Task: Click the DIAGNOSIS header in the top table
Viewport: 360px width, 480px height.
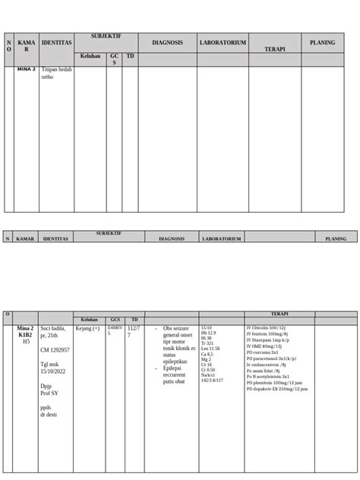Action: (x=167, y=43)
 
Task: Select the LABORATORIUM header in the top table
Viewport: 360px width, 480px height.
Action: (x=223, y=43)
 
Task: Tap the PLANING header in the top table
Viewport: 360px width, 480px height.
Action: (x=322, y=43)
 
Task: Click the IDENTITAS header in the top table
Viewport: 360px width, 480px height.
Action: (x=56, y=43)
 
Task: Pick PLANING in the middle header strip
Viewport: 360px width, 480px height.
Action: (x=335, y=238)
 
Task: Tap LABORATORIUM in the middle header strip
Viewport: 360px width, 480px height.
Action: (x=221, y=238)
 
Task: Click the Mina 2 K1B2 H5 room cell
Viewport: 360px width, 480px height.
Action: (x=26, y=334)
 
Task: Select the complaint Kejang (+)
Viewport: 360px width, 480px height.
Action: (x=88, y=328)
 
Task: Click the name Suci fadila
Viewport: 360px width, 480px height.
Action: (x=55, y=328)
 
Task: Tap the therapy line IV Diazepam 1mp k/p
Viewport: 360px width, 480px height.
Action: (x=271, y=340)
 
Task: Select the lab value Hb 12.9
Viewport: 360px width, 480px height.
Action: (x=207, y=333)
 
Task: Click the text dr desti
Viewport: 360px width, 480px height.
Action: (x=49, y=415)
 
